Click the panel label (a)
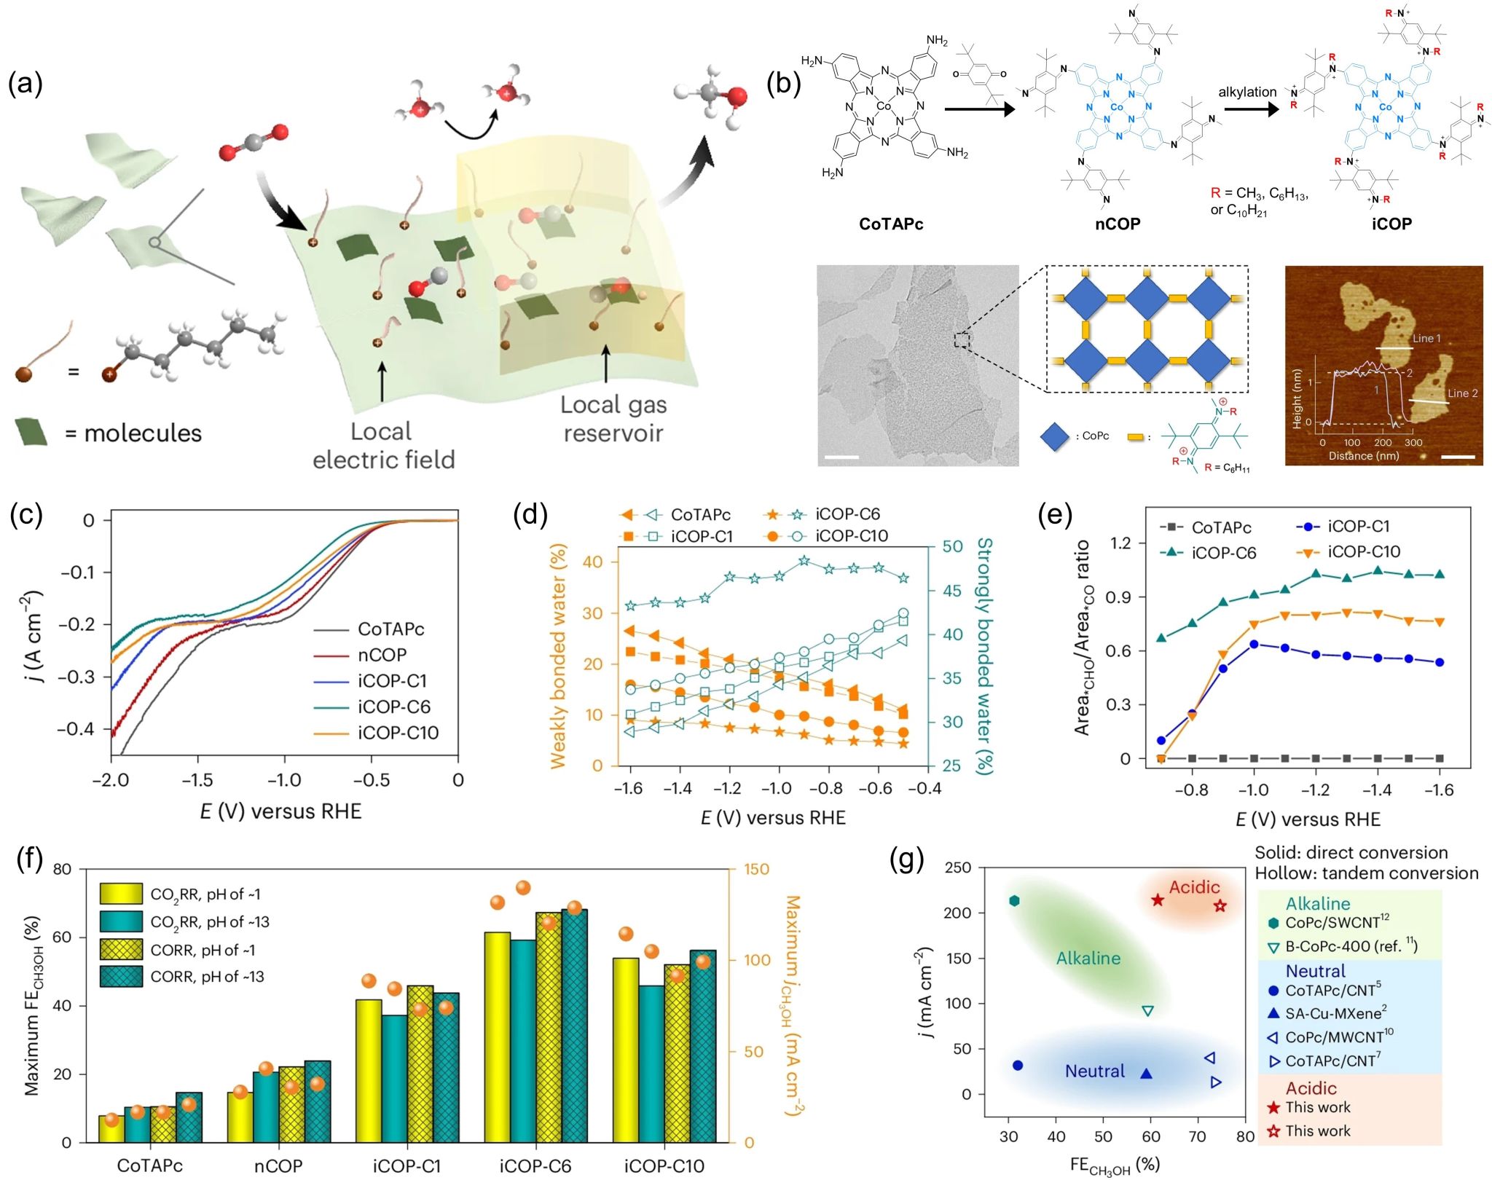click(25, 84)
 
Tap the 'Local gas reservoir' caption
click(613, 419)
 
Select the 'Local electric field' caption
click(383, 445)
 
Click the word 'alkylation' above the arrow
click(1247, 93)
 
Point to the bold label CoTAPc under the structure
click(890, 224)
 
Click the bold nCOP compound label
click(1118, 224)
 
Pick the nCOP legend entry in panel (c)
click(382, 655)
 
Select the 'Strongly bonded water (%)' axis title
click(985, 656)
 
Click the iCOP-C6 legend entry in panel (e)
click(1223, 553)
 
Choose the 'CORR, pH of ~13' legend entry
click(207, 977)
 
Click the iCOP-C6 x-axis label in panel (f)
click(535, 1166)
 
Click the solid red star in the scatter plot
click(1158, 900)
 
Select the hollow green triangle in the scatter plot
click(1147, 1011)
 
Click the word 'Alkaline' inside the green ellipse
click(1088, 959)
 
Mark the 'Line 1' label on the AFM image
click(1426, 339)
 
